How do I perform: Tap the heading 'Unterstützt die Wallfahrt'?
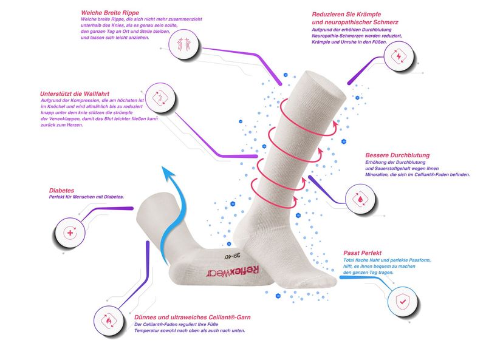click(x=74, y=93)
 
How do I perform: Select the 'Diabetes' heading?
click(x=63, y=189)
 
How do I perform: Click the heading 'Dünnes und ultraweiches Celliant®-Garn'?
click(x=193, y=316)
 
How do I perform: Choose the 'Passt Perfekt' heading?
click(x=364, y=251)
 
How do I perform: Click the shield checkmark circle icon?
click(x=402, y=301)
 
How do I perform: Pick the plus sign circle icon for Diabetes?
click(x=70, y=233)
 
